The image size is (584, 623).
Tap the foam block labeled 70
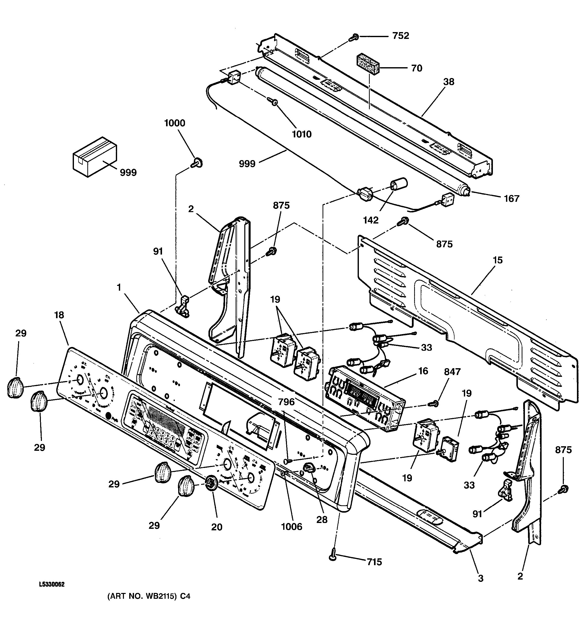368,64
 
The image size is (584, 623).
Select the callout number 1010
302,134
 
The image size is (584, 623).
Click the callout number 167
511,199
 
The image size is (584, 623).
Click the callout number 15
497,260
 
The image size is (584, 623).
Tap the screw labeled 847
434,404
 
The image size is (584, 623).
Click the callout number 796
286,402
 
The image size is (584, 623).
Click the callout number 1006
291,527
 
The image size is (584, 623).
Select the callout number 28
322,519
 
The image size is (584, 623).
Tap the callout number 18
59,315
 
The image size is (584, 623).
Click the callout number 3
480,578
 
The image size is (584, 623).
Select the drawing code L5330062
52,584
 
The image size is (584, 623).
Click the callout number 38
448,82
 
